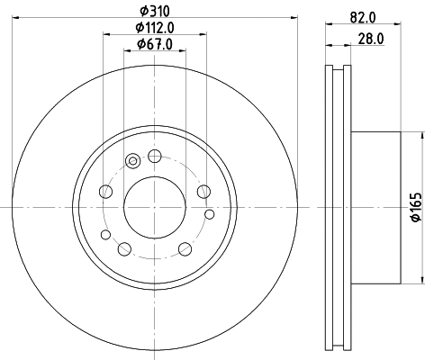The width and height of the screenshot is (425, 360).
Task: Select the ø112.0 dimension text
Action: (x=155, y=28)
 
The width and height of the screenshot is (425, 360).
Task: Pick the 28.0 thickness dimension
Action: (x=366, y=38)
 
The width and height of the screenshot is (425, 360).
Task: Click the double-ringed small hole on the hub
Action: (x=133, y=161)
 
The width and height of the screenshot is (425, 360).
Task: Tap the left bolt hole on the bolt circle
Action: (x=107, y=191)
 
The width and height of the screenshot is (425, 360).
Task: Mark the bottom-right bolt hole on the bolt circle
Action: (x=185, y=248)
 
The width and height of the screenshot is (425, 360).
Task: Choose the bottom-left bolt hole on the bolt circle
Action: (x=125, y=248)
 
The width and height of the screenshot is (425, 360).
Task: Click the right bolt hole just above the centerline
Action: (x=203, y=191)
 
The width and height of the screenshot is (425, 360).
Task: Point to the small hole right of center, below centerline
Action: (x=211, y=213)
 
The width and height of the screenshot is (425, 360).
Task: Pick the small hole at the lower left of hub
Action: (x=105, y=235)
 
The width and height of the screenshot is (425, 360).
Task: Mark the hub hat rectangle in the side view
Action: (x=374, y=206)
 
